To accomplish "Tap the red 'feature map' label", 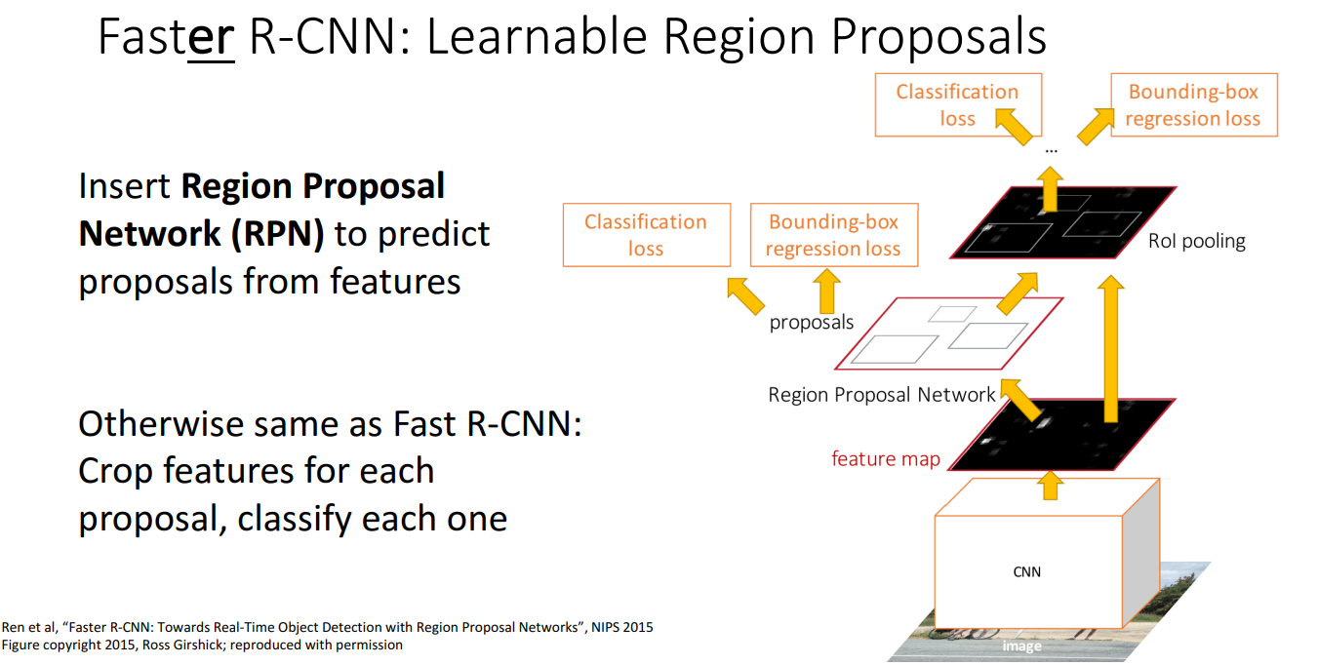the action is [x=885, y=458].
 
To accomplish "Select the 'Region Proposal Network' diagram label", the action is [x=882, y=395].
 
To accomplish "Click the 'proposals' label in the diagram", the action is [x=812, y=322].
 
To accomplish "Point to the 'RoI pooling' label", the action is [x=1196, y=241].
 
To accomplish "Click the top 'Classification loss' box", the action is [x=957, y=105].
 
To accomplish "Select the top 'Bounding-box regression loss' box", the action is [x=1193, y=105].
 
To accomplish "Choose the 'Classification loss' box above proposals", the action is [x=646, y=235].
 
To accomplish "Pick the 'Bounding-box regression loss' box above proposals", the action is [x=832, y=235].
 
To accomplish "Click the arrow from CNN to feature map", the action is [x=1051, y=485].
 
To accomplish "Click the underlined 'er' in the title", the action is [x=211, y=39].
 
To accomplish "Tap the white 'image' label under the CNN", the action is [x=1021, y=645].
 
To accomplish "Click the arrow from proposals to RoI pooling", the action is [x=1019, y=292].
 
